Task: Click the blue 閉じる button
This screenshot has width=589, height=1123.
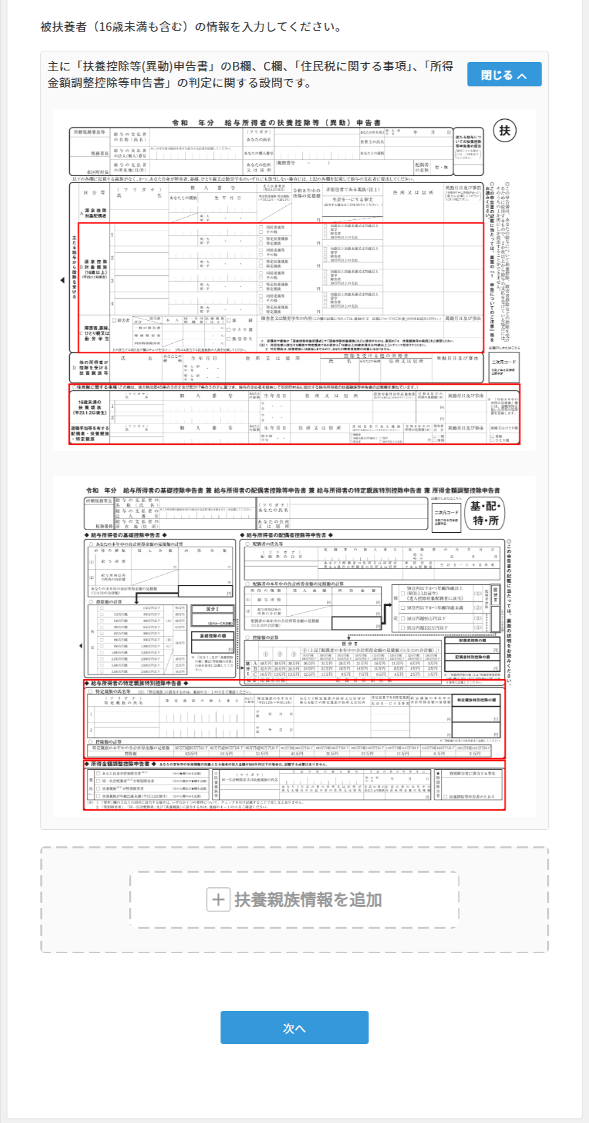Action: tap(504, 74)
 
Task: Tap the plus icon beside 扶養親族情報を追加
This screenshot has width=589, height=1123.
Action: tap(218, 900)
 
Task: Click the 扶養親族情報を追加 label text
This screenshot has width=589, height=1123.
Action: tap(308, 900)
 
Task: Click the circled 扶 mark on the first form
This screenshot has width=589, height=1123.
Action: tap(505, 130)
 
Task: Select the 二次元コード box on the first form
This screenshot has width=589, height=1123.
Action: tap(503, 362)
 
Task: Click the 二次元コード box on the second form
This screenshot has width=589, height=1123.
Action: tap(447, 512)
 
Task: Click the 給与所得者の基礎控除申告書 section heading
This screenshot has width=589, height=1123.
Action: tap(126, 535)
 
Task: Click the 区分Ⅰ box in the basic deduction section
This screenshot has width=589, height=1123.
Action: tap(212, 609)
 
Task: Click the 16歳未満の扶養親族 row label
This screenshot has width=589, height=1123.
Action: tap(91, 406)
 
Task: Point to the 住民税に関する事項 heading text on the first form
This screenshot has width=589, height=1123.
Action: tap(99, 387)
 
